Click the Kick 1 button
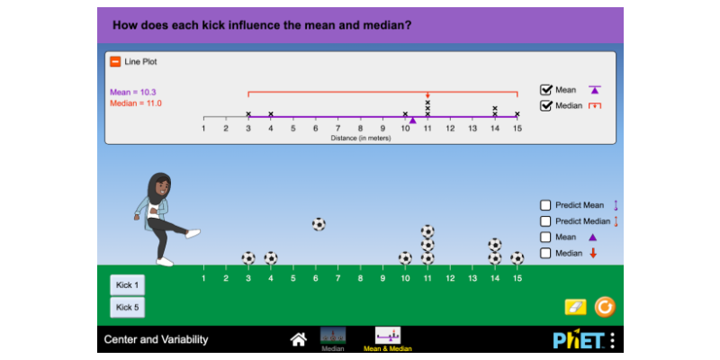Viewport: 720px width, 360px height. click(x=127, y=284)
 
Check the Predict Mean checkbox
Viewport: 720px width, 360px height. click(x=545, y=205)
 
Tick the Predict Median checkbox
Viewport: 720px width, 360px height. click(x=545, y=221)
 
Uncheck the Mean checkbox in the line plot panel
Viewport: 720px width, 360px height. click(x=545, y=90)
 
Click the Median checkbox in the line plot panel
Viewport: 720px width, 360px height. click(x=545, y=106)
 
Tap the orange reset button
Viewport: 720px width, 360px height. click(x=605, y=307)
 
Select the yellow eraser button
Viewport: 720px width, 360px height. click(x=575, y=307)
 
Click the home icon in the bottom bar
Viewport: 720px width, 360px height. click(x=298, y=339)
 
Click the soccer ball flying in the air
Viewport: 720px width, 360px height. click(x=319, y=224)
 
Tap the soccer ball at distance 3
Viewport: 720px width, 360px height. click(x=248, y=257)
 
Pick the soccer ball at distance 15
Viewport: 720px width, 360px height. click(x=517, y=257)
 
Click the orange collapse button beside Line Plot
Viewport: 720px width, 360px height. click(x=115, y=62)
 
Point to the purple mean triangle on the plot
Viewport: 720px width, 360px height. click(x=412, y=120)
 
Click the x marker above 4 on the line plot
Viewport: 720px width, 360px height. click(x=271, y=114)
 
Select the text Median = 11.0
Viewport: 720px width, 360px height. click(x=136, y=103)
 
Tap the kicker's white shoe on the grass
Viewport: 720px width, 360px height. click(x=165, y=261)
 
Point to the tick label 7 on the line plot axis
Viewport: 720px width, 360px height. click(x=338, y=129)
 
